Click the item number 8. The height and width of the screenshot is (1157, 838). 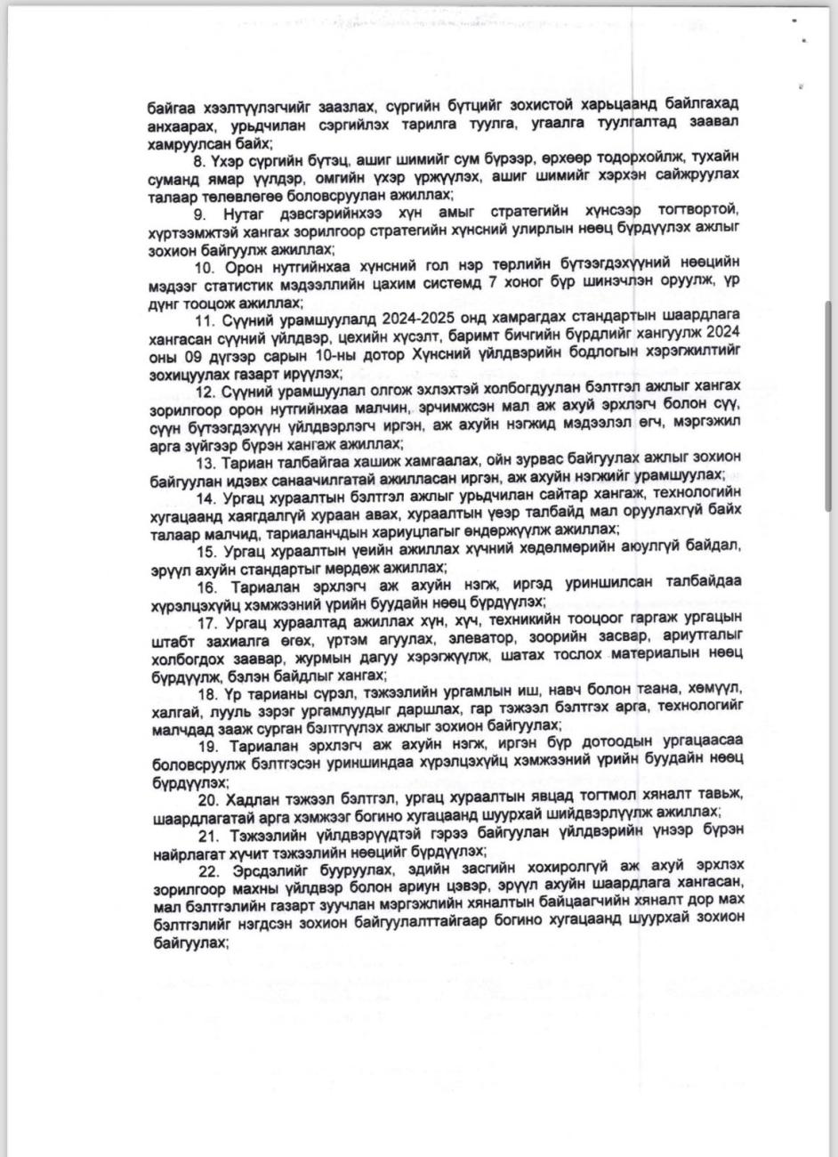pos(198,157)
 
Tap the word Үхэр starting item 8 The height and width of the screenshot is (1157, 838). pos(226,157)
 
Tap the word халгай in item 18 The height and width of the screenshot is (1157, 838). pos(170,706)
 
